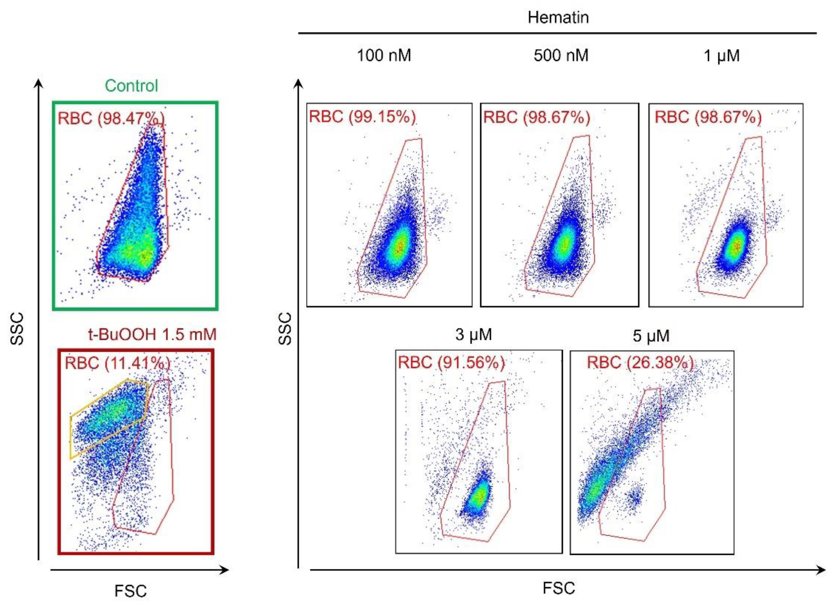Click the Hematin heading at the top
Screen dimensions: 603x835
[x=558, y=18]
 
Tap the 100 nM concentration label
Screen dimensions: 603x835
[x=384, y=56]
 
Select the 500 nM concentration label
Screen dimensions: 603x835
[x=561, y=56]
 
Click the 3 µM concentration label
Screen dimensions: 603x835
[x=473, y=335]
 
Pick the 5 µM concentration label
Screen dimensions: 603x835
[x=651, y=335]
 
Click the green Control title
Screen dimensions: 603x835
[x=132, y=86]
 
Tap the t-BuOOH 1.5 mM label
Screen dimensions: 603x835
[x=152, y=334]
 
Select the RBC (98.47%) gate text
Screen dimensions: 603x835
[x=111, y=119]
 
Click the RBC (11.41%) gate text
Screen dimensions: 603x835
[x=117, y=363]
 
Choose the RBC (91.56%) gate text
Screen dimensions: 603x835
[x=451, y=362]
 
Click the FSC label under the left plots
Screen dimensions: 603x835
[x=130, y=591]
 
